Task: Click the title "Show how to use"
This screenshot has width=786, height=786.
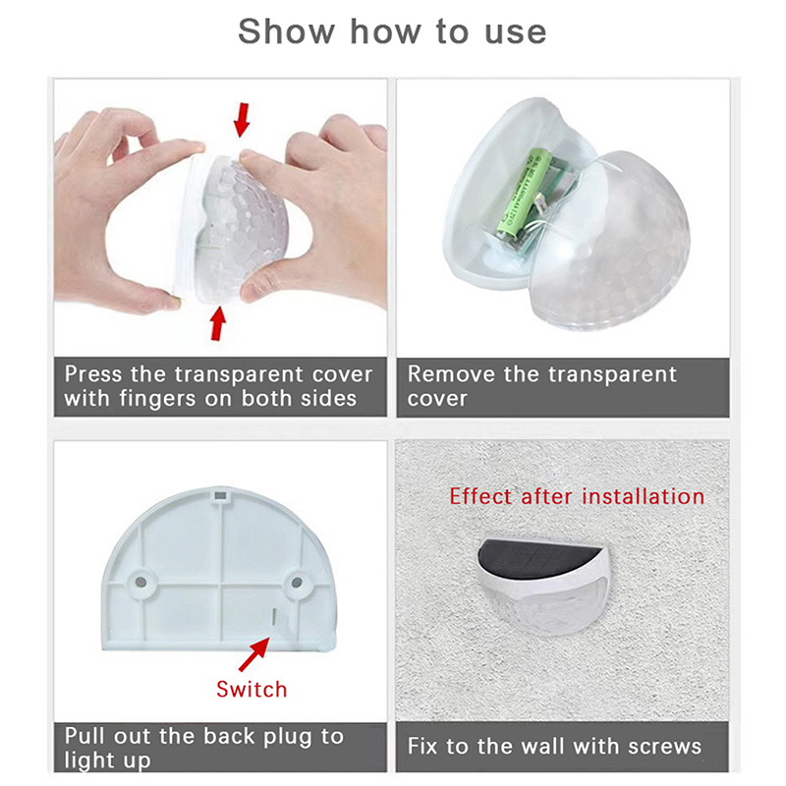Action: (x=392, y=31)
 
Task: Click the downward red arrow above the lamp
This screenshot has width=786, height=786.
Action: (x=242, y=119)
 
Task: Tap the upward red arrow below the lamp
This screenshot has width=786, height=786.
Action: (x=217, y=323)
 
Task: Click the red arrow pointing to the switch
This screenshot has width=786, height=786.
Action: (x=254, y=653)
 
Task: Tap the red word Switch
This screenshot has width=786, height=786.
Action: (x=252, y=690)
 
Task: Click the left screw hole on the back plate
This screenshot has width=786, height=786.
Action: (x=140, y=583)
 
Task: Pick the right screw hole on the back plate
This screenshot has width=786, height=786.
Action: (x=297, y=583)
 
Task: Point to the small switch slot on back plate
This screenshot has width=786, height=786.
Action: (x=274, y=617)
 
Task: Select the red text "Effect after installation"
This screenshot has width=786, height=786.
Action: (x=577, y=496)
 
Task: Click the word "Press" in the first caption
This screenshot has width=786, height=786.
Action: (x=93, y=374)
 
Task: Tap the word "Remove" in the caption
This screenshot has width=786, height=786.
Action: (x=451, y=374)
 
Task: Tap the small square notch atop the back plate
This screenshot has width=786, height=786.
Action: (x=219, y=497)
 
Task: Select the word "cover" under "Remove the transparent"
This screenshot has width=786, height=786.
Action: (x=437, y=400)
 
